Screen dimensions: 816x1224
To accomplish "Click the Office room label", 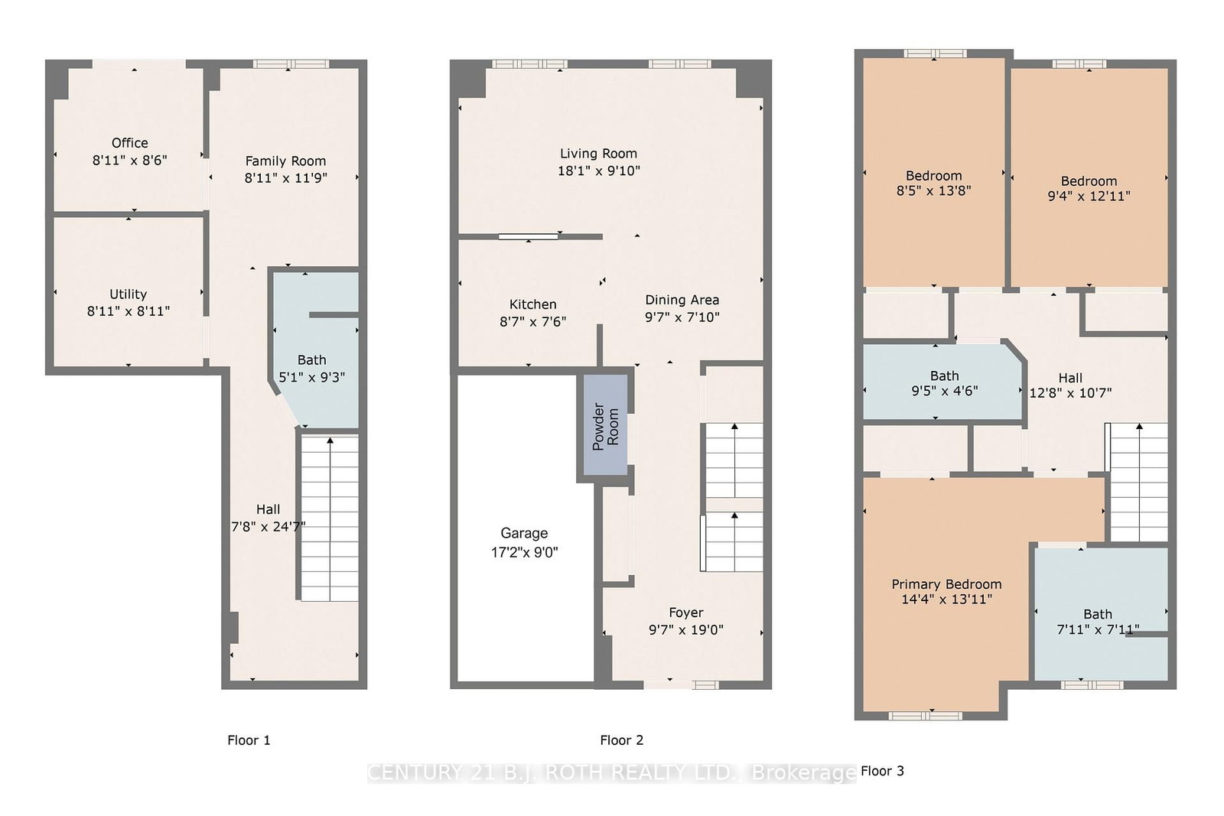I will (129, 143).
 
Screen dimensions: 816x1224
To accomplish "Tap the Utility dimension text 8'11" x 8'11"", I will (128, 311).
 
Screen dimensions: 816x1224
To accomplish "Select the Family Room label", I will (285, 161).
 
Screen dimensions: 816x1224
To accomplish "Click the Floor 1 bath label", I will (311, 360).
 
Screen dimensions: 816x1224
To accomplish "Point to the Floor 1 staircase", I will (329, 519).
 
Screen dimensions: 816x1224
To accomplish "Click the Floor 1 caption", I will (249, 740).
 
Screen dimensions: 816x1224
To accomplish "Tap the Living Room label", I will (598, 154).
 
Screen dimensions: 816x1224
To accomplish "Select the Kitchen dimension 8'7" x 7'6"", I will (532, 322).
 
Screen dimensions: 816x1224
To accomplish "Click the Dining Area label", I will (682, 300).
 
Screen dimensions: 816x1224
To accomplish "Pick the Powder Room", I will (605, 427).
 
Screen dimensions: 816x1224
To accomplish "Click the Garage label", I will (524, 534).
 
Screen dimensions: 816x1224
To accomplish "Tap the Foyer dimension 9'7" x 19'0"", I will (685, 630).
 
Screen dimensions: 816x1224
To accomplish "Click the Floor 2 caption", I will (621, 740).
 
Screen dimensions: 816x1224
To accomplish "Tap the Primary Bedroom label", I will (946, 584).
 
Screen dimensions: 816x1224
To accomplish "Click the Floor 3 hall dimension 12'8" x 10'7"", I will (1070, 393).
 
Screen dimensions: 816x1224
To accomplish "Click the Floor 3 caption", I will (882, 771).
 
